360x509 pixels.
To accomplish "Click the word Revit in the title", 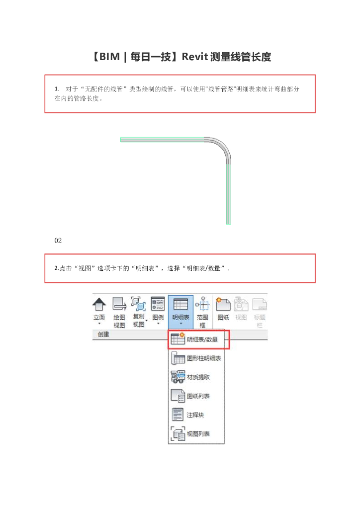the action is (194, 57).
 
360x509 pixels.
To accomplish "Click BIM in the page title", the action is (109, 57).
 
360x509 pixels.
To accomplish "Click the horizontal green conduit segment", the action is (162, 140).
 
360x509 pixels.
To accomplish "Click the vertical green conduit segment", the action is (229, 194).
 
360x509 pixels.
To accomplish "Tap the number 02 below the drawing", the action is (58, 241).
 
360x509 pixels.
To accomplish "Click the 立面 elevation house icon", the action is (99, 304).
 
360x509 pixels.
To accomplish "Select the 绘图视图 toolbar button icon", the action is (119, 304).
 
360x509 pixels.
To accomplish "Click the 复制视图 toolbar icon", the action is (138, 304).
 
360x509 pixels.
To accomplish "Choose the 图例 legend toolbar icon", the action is (158, 304).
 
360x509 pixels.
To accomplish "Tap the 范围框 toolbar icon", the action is (202, 304).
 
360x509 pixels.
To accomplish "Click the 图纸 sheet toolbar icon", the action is (223, 304).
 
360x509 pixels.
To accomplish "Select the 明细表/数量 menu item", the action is (199, 339).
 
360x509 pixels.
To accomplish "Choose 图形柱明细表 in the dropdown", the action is (196, 358).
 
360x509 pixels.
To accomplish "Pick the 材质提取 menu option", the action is (190, 377).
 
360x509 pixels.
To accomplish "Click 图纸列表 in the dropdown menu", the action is (190, 396).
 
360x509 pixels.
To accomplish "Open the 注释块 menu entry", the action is (187, 415).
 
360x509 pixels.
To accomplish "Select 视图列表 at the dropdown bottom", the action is (190, 433).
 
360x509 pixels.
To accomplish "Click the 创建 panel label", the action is (103, 335).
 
